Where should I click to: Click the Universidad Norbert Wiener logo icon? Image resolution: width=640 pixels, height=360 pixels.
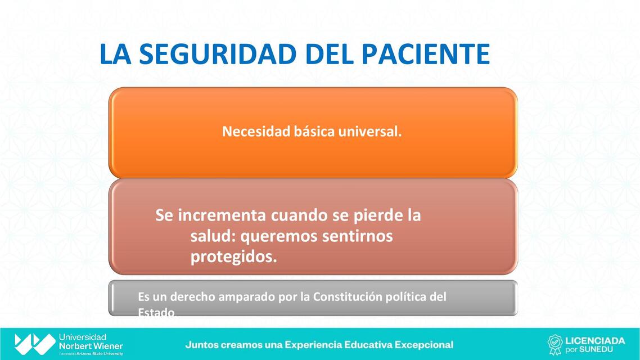35,344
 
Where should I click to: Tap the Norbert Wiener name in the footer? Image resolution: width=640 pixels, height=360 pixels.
91,346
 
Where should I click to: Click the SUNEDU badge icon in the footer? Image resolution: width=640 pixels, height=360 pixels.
555,344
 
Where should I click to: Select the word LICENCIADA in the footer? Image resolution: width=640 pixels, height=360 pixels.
595,340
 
